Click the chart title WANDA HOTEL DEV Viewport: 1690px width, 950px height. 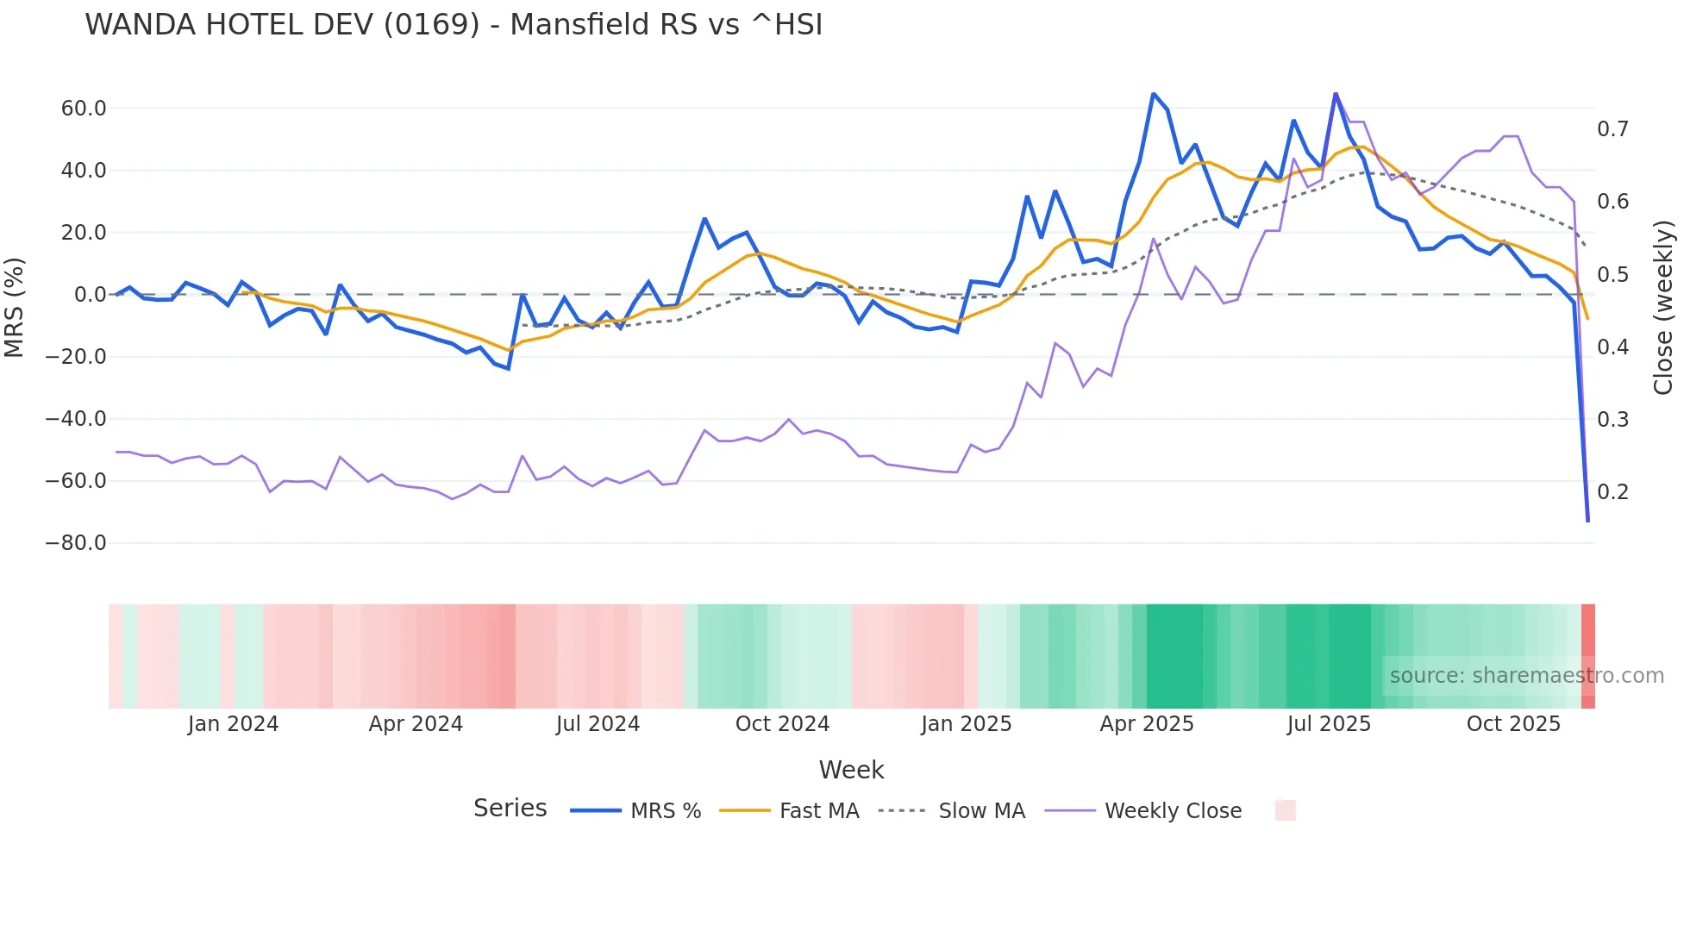pos(454,25)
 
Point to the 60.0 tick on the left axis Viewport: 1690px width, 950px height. pos(84,109)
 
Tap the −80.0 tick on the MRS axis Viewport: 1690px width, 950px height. pos(76,543)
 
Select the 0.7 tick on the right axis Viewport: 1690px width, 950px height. pos(1612,129)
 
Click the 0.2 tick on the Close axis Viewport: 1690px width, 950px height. pos(1612,492)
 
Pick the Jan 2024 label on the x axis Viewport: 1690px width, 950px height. pos(233,724)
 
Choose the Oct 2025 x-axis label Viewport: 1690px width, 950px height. pos(1513,724)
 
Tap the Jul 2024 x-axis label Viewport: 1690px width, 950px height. pos(598,724)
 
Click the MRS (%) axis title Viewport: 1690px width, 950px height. pos(15,308)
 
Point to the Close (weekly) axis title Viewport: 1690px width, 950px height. pos(1663,308)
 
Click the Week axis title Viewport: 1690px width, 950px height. pos(851,770)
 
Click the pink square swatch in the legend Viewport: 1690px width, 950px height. pos(1285,810)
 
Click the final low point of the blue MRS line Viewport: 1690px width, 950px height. pos(1588,521)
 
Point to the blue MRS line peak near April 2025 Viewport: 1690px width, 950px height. pos(1154,94)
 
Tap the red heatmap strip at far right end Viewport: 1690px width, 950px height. pos(1588,656)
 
